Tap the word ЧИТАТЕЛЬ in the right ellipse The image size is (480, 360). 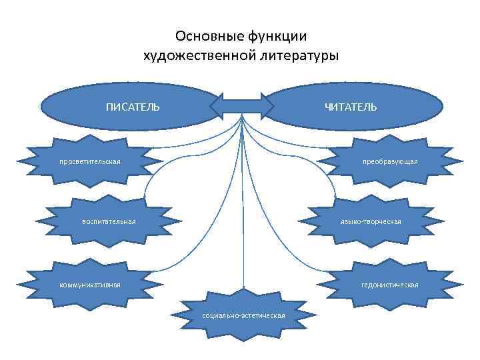(351, 107)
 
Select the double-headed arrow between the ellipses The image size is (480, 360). (243, 105)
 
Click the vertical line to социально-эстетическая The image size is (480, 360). (243, 220)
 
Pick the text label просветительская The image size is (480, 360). (90, 161)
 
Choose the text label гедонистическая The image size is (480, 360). (390, 285)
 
